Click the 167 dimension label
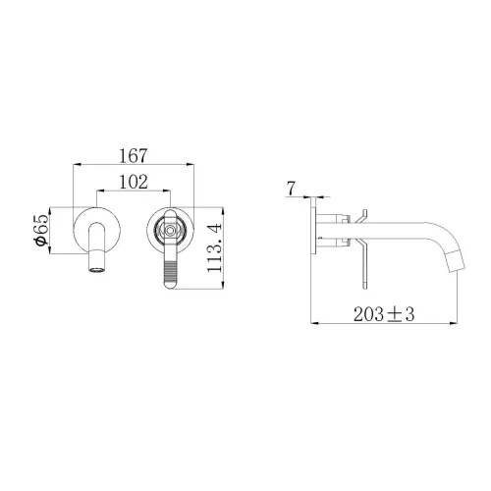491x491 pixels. [134, 156]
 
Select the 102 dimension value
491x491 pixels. [134, 182]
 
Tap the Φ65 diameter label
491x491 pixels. [41, 230]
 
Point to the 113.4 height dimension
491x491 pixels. [215, 247]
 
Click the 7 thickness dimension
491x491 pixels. [291, 189]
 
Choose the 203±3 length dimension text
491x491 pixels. [384, 314]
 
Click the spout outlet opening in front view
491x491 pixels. [97, 270]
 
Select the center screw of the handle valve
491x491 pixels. [170, 230]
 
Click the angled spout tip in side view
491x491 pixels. [457, 262]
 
